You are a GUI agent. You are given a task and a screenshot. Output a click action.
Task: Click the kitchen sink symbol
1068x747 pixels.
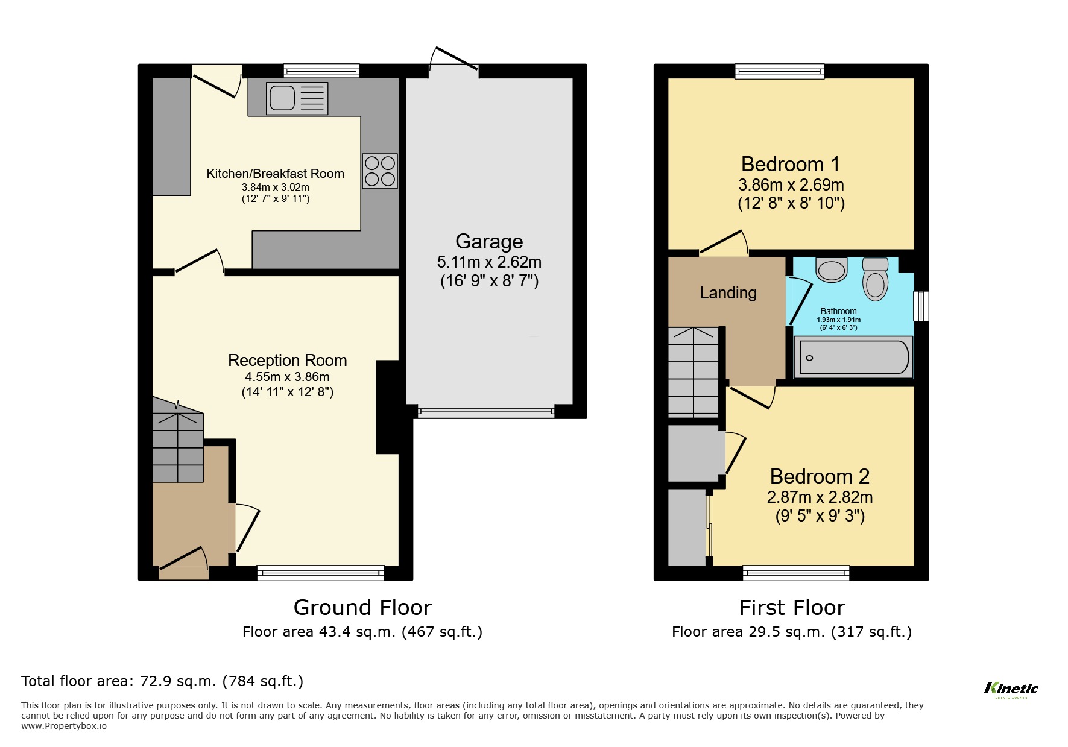tap(297, 98)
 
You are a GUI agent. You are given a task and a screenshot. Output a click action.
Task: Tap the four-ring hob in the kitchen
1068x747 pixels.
tap(380, 171)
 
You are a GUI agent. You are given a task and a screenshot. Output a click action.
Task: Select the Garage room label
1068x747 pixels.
tap(489, 241)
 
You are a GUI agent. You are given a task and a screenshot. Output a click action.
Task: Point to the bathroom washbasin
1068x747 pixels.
tap(832, 269)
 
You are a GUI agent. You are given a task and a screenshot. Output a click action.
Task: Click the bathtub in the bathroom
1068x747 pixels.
tap(853, 358)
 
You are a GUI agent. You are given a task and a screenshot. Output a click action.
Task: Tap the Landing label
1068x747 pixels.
tap(728, 293)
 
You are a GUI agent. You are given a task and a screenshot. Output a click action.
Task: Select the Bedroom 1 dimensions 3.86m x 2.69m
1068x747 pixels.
tap(791, 184)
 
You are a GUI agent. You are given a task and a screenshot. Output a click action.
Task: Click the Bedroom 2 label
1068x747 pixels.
tap(820, 476)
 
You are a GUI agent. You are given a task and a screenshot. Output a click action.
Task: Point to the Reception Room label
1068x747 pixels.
tap(287, 361)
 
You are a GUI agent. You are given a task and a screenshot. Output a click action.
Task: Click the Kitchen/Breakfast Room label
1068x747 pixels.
tap(275, 174)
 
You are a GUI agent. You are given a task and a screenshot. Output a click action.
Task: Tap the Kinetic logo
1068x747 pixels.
tap(1011, 689)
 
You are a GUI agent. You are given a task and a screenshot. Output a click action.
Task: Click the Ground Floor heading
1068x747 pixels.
tap(362, 607)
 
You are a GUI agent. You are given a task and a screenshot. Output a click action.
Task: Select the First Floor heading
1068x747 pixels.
tap(792, 607)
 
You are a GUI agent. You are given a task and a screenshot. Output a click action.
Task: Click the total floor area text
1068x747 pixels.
tap(162, 681)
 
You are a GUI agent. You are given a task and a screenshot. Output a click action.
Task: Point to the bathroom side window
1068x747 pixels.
tap(921, 306)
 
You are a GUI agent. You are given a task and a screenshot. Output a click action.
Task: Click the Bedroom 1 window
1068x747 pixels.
tap(779, 72)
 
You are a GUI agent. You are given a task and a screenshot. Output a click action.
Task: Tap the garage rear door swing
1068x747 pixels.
tap(453, 60)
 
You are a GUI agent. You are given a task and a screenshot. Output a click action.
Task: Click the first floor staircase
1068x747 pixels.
tap(694, 371)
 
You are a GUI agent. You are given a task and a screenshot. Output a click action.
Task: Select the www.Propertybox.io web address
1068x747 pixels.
tap(64, 726)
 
